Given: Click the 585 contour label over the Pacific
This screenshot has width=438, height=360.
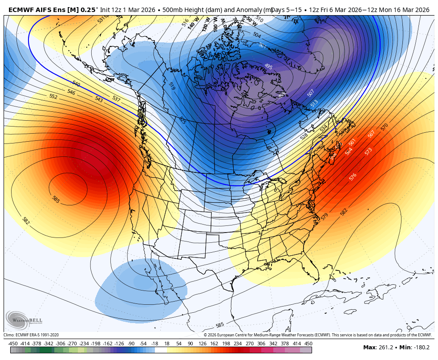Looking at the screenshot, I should (x=56, y=199).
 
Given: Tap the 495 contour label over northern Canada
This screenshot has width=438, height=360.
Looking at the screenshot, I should (x=268, y=66).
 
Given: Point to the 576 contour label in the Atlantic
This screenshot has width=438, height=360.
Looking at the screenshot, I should (x=353, y=176).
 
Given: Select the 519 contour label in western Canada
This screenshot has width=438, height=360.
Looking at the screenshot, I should (x=171, y=86).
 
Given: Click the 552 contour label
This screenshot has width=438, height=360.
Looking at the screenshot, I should (x=53, y=96).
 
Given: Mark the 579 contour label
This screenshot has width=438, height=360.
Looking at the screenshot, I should (x=324, y=216).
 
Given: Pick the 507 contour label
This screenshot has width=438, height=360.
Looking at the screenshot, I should (x=311, y=93).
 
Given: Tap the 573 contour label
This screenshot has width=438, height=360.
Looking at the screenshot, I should (x=368, y=151).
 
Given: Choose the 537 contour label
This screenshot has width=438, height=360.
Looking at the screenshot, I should (x=116, y=98).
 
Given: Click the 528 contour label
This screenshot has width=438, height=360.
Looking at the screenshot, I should (x=304, y=136).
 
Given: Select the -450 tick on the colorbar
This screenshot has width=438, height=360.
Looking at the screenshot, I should (x=13, y=344).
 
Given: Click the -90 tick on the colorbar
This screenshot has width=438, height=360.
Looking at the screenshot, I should (x=131, y=344).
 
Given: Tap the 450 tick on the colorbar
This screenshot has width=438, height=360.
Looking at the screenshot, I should (x=308, y=344).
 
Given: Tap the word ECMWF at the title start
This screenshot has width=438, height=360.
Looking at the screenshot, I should (x=21, y=10).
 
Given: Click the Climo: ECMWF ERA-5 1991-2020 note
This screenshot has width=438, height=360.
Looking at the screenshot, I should (x=31, y=335).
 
